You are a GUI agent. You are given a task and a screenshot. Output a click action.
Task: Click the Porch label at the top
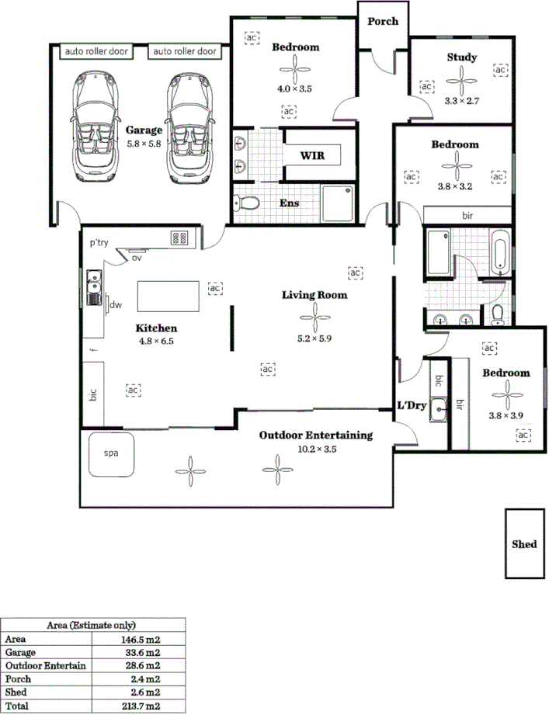click(384, 21)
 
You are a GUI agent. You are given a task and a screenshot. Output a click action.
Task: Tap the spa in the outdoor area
click(112, 449)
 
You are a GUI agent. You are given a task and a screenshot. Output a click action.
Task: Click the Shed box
click(524, 543)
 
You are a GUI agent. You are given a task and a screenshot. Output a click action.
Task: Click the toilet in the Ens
click(247, 203)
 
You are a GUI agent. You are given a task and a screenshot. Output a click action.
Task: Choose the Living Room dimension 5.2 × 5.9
click(314, 338)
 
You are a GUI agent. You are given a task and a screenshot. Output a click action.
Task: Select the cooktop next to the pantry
click(180, 238)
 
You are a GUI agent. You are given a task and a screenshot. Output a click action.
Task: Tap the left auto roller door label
click(97, 52)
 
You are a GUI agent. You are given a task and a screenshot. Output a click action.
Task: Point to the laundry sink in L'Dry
click(439, 408)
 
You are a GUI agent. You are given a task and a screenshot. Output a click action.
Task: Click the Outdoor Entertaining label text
click(315, 435)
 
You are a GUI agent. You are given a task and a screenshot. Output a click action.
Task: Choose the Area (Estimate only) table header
click(92, 625)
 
